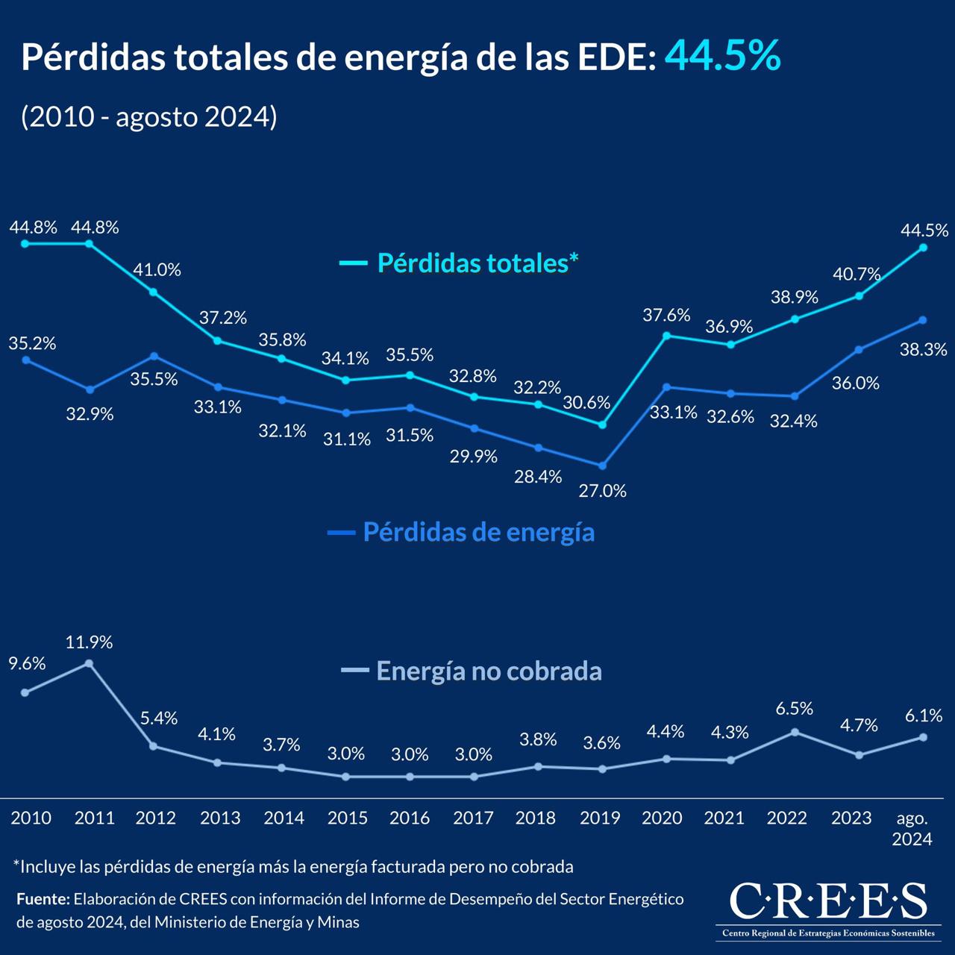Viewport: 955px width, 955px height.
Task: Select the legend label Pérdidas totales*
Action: [x=477, y=263]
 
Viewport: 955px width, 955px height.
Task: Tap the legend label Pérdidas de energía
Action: [x=478, y=532]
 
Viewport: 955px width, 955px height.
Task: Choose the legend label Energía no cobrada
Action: [x=489, y=671]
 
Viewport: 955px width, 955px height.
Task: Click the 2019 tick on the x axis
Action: [x=600, y=818]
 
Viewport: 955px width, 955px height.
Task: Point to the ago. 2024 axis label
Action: [x=912, y=828]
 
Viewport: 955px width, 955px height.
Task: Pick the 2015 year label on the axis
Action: [x=347, y=818]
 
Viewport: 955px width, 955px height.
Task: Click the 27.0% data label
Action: [x=603, y=491]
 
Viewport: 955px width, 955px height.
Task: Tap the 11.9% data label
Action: [x=89, y=642]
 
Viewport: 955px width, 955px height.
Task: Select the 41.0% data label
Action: [x=157, y=270]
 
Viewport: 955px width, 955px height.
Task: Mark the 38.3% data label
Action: [x=923, y=349]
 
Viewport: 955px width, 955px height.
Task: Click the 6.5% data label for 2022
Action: [x=794, y=708]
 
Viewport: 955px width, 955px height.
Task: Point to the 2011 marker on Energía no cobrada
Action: [x=90, y=663]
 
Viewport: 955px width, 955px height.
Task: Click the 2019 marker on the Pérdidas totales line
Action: [x=603, y=425]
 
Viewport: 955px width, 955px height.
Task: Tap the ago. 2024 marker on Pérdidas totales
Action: [x=923, y=248]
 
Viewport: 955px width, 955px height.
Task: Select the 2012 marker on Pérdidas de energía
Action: [x=154, y=356]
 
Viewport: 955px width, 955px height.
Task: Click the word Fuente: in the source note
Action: [x=43, y=899]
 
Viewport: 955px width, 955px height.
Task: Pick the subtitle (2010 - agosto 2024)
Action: [x=149, y=116]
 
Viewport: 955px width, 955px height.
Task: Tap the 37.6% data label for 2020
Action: [x=666, y=315]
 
